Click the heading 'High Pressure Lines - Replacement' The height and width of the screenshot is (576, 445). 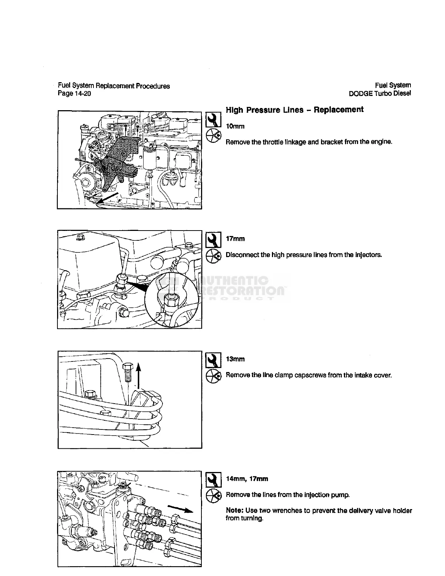point(294,110)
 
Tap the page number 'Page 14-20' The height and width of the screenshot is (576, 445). point(74,94)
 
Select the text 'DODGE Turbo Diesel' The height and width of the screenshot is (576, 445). point(380,94)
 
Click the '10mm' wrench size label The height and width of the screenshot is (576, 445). point(235,127)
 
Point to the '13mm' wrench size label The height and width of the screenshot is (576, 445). point(235,359)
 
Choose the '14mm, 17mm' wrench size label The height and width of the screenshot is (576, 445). point(247,479)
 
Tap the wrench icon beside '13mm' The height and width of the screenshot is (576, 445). point(213,360)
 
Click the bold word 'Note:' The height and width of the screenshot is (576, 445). point(234,511)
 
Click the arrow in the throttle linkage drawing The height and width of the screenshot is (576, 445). point(108,200)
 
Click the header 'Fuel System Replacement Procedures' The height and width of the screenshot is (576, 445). point(114,86)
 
